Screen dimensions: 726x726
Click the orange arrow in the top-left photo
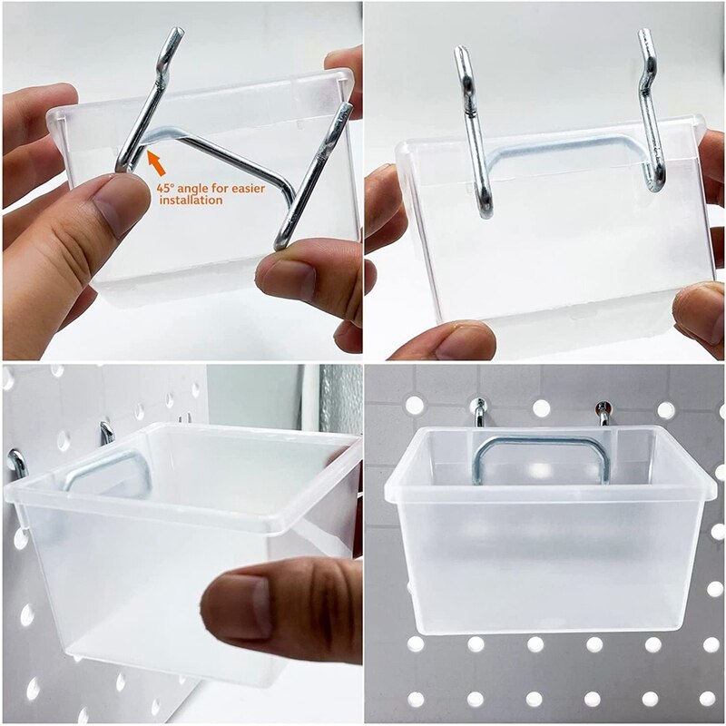coord(156,163)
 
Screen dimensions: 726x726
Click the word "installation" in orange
coord(190,200)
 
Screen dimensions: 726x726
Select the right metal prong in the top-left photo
coord(313,172)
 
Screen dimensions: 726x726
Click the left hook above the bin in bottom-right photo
coord(478,412)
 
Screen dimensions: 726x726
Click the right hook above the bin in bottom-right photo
coord(603,413)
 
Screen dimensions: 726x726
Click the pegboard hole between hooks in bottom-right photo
coord(541,408)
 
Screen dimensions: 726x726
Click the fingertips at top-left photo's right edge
coord(345,64)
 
